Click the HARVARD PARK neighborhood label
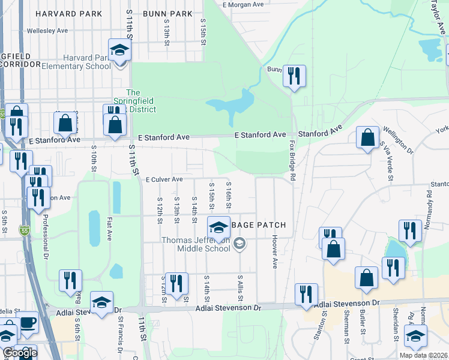(x=62, y=14)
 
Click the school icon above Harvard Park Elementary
(x=119, y=50)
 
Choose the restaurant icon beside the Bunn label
(x=294, y=76)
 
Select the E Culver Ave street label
(x=164, y=179)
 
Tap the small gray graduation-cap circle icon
(x=240, y=243)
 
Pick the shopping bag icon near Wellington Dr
(x=367, y=137)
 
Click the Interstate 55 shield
(x=24, y=230)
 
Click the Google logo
(x=20, y=352)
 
